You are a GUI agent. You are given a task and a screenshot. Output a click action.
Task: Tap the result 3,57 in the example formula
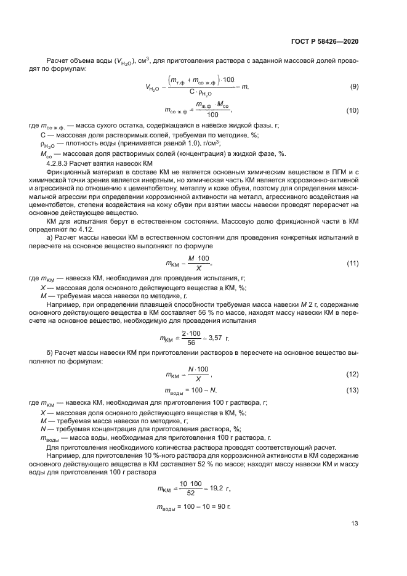[216, 338]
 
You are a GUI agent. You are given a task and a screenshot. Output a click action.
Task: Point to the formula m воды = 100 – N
[191, 391]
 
